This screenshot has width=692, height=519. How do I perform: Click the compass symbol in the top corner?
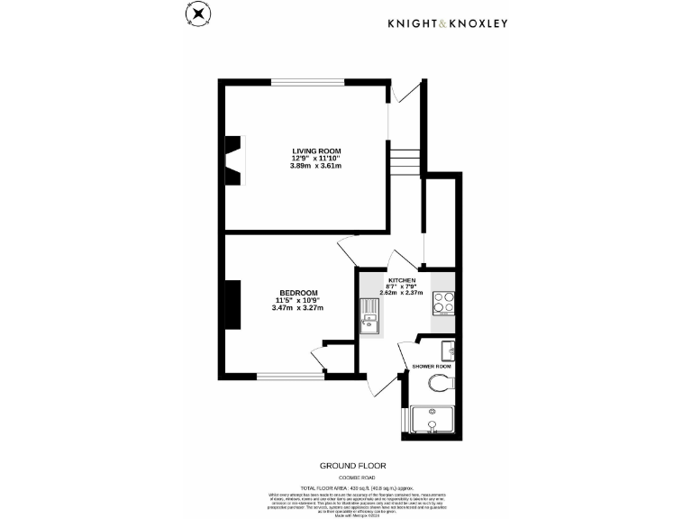point(196,15)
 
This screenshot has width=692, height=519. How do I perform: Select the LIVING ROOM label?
point(315,150)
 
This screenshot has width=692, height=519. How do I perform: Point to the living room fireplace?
point(234,159)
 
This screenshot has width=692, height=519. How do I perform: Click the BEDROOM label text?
point(297,293)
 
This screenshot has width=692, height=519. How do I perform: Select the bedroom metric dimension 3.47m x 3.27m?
point(297,308)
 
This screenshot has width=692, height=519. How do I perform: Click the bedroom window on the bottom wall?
point(290,375)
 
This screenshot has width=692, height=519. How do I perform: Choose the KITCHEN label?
point(402,281)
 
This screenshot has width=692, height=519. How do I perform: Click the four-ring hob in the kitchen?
point(442,304)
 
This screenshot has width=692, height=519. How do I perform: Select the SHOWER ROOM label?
point(431,367)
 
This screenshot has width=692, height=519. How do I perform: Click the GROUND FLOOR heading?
point(352,466)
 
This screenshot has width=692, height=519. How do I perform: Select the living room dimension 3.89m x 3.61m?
point(315,166)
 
